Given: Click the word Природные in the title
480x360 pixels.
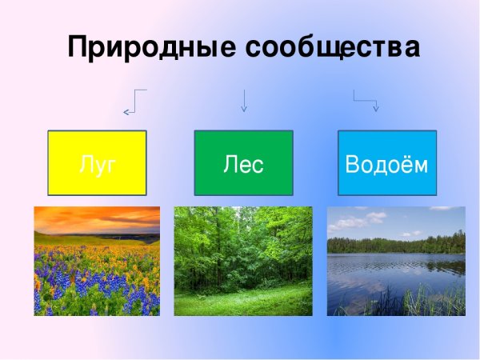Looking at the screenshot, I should click(151, 46).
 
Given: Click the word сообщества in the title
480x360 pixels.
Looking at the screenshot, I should click(331, 46).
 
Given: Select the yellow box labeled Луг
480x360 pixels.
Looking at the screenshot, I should click(98, 163).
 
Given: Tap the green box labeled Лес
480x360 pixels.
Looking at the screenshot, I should click(243, 163).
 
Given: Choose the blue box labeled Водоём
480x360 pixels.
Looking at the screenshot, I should click(387, 163).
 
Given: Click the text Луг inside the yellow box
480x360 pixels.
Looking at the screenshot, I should click(98, 165).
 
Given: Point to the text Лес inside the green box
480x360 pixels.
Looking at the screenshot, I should click(243, 165).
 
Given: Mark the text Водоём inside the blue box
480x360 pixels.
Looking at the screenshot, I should click(387, 165).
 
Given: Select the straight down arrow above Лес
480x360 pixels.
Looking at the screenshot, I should click(243, 100).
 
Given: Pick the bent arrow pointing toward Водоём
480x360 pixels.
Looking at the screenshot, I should click(365, 99).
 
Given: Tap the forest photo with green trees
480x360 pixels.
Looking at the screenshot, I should click(243, 261).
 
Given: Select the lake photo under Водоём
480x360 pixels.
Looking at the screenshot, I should click(396, 261).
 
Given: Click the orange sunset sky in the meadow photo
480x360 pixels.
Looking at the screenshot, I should click(96, 218).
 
